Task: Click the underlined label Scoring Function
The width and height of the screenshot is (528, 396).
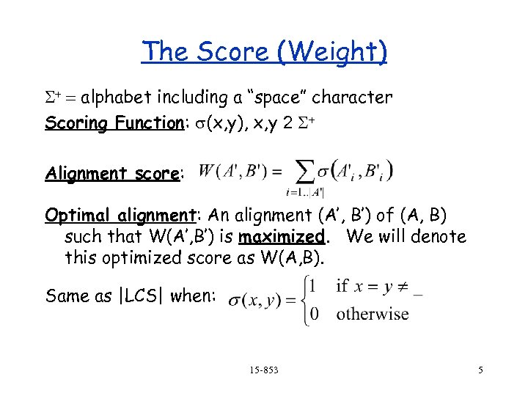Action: [120, 122]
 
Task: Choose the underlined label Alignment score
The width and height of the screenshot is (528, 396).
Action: [112, 174]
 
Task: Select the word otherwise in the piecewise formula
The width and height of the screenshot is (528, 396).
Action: [373, 315]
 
